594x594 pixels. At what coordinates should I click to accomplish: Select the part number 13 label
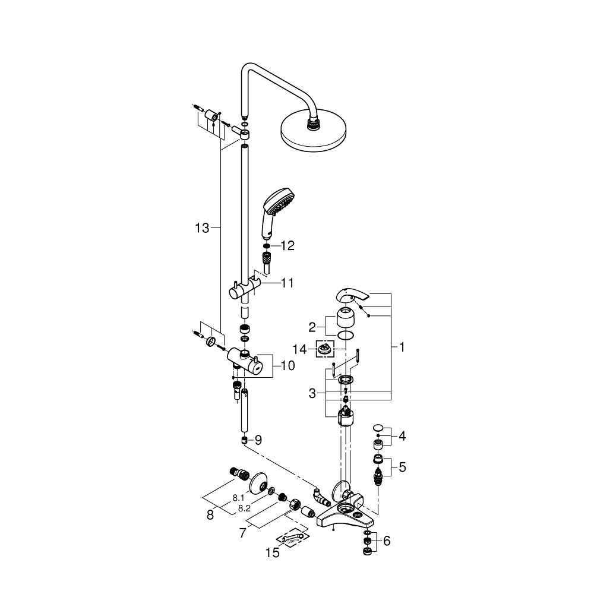coord(203,228)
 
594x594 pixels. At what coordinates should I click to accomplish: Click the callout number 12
coord(287,245)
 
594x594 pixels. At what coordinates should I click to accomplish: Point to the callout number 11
coord(287,283)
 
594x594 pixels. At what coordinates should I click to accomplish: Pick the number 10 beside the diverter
coord(287,366)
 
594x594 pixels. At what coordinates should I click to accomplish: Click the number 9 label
coord(258,440)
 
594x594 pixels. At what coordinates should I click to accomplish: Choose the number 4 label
coord(402,437)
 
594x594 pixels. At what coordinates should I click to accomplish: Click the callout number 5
coord(402,467)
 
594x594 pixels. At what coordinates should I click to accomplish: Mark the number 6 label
coord(387,541)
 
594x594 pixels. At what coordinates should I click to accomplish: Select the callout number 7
coord(242,533)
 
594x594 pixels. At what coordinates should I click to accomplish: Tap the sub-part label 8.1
coord(239,498)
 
